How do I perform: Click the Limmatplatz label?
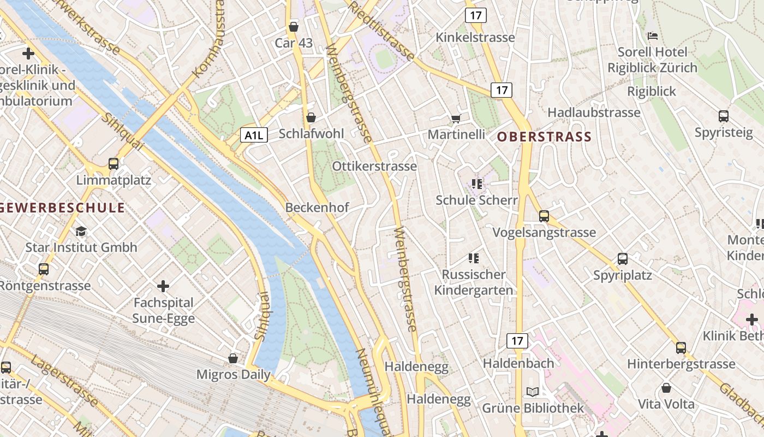coord(114,180)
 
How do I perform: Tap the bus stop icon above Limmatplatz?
coord(114,163)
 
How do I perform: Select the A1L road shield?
coord(254,135)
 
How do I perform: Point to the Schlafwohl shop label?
coord(312,134)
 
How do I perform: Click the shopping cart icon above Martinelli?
coord(456,119)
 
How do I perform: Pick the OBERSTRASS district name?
coord(544,137)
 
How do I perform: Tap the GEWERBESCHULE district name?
coord(63,208)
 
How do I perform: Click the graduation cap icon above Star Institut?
coord(81,231)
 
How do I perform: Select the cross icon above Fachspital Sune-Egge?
coord(163,286)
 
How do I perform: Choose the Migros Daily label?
coord(233,375)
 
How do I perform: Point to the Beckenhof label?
coord(317,208)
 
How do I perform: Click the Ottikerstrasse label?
coord(374,166)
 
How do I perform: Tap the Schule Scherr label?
coord(476,200)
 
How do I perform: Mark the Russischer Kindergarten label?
coord(474,282)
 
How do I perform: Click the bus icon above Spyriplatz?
coord(623,258)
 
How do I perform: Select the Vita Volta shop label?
coord(666,404)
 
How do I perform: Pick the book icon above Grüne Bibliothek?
coord(532,392)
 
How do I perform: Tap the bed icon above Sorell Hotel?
coord(652,37)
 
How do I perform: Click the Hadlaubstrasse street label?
coord(594,113)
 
